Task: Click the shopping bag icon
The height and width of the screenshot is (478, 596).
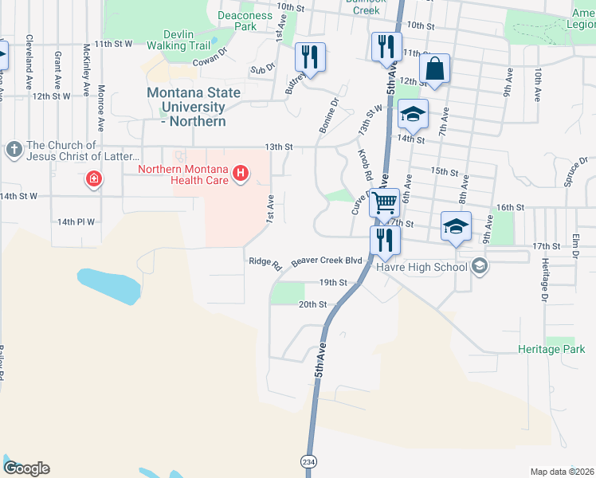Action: [435, 69]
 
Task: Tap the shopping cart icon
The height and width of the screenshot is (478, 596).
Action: [384, 204]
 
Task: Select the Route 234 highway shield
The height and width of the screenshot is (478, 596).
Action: [308, 461]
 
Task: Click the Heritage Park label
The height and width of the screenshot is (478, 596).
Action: [551, 349]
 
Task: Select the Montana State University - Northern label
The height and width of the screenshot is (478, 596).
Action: [194, 107]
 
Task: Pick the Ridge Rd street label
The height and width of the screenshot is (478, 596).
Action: [265, 263]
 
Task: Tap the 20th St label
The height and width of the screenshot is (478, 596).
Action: [312, 304]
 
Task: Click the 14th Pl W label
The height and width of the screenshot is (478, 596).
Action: [76, 222]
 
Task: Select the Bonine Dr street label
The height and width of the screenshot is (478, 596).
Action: [331, 112]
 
